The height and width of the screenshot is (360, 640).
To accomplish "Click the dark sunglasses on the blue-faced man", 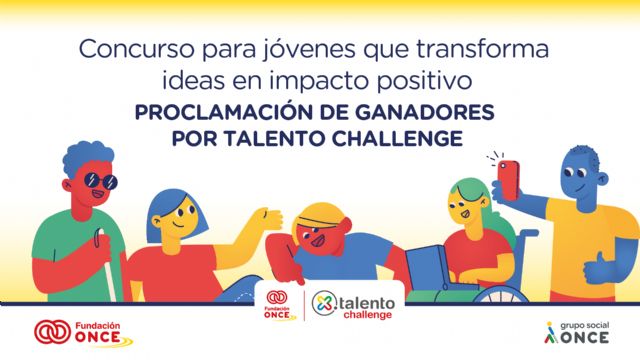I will click(x=101, y=182).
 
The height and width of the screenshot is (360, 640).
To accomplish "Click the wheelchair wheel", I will click(x=500, y=299).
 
